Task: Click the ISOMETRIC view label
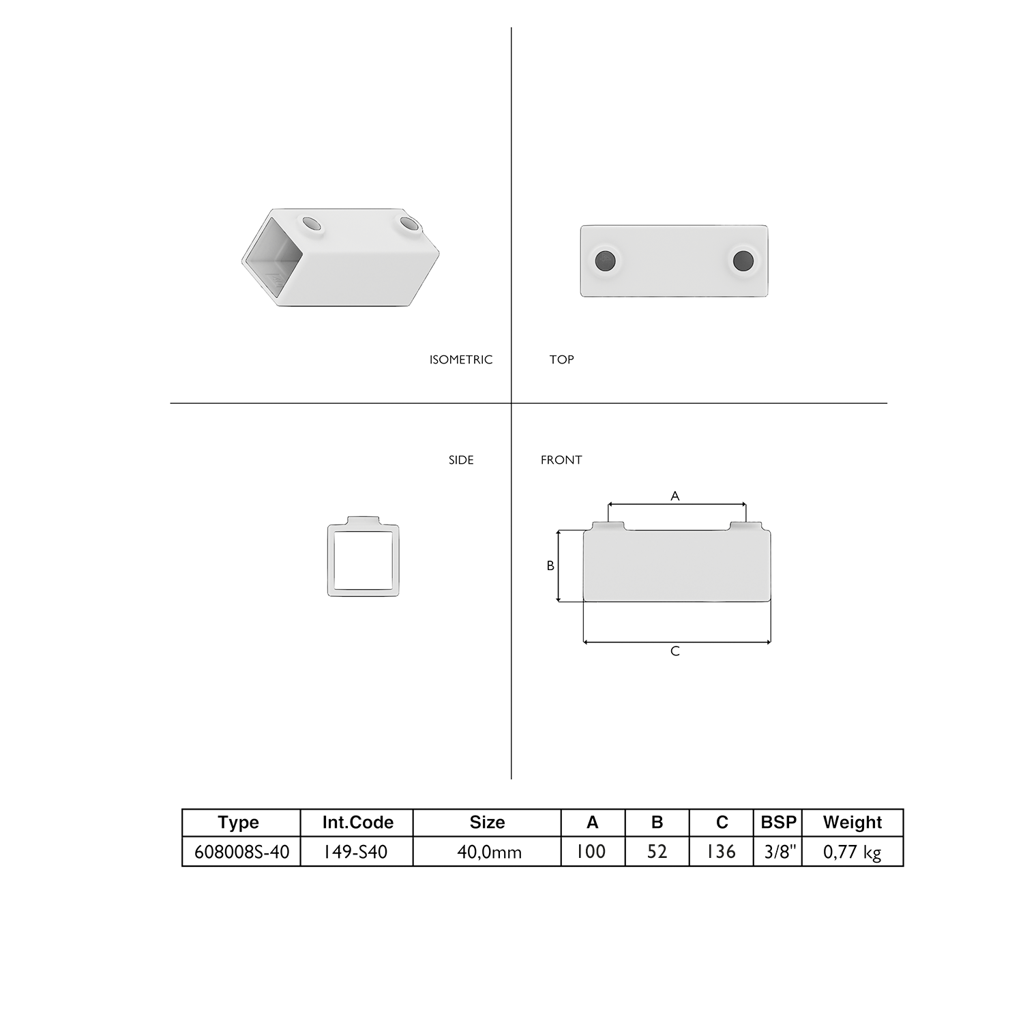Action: [461, 359]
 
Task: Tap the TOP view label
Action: [561, 359]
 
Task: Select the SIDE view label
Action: [461, 460]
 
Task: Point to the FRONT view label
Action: [561, 460]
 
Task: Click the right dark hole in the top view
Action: [743, 260]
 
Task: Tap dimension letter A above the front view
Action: [675, 496]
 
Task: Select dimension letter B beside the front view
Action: [550, 565]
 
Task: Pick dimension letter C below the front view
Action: [675, 651]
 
